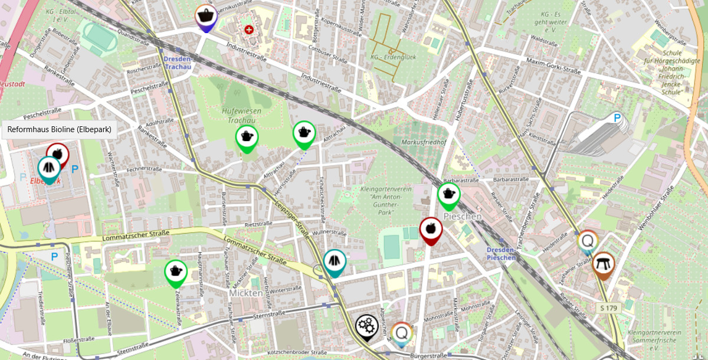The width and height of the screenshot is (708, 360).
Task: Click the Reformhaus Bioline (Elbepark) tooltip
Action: pyautogui.click(x=59, y=129)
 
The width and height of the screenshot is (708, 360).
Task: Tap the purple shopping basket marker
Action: pyautogui.click(x=205, y=17)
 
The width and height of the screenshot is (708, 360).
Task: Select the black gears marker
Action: pyautogui.click(x=366, y=326)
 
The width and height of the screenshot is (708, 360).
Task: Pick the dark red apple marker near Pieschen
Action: pyautogui.click(x=431, y=229)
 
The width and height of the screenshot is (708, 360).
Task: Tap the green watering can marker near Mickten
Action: pyautogui.click(x=175, y=272)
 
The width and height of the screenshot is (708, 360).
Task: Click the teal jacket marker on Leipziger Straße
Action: pyautogui.click(x=335, y=261)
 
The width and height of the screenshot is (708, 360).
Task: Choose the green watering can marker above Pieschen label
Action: pyautogui.click(x=448, y=195)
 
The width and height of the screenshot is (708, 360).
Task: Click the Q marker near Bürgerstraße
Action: pyautogui.click(x=402, y=333)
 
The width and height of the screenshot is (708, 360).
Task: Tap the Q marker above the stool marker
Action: pyautogui.click(x=588, y=241)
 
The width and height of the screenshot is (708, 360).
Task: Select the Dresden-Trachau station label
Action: pyautogui.click(x=178, y=63)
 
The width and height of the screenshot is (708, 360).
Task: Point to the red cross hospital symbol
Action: pyautogui.click(x=249, y=29)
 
